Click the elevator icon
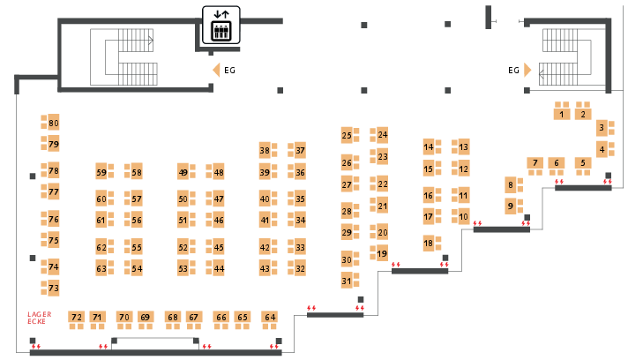point(221,25)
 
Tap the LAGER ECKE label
point(40,318)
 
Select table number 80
point(53,123)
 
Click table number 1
point(562,115)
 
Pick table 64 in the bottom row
point(270,317)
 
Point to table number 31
point(347,281)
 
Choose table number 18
point(429,244)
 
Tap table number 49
point(183,172)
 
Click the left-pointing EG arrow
point(216,70)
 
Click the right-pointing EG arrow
point(527,70)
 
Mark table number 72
point(76,317)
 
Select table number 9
point(510,206)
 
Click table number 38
point(265,151)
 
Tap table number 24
point(382,134)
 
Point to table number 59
point(101,172)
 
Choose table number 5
point(583,162)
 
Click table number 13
point(463,146)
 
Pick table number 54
point(137,268)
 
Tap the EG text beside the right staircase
point(513,70)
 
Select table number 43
point(265,268)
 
